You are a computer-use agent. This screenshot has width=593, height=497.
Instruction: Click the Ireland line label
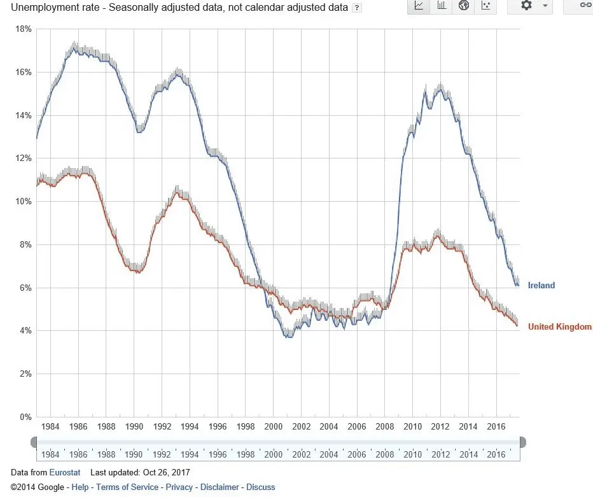tap(541, 286)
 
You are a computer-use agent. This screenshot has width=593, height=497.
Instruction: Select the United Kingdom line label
tap(559, 327)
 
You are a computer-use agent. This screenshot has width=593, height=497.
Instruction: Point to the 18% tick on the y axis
tap(24, 29)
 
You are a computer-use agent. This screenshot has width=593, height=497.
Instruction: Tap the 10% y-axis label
tap(24, 202)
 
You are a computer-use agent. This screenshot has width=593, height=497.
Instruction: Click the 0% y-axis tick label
tap(25, 417)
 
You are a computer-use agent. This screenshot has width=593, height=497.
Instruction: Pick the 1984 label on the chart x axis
tap(50, 426)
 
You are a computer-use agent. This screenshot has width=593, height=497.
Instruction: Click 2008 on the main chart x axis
tap(385, 426)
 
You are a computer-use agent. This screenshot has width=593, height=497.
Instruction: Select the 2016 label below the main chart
tap(496, 426)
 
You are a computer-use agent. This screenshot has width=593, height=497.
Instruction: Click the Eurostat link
tap(65, 472)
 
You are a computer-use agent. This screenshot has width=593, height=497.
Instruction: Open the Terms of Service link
tap(127, 487)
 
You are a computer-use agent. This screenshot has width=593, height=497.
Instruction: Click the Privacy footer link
tap(179, 487)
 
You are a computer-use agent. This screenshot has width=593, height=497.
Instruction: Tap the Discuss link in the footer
tap(261, 487)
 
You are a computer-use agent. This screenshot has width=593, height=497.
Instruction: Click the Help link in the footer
tap(80, 487)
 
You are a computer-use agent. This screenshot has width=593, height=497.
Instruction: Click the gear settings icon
tap(526, 6)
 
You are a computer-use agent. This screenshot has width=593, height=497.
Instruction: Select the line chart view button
tap(419, 6)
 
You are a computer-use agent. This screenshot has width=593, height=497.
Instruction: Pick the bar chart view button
tap(442, 6)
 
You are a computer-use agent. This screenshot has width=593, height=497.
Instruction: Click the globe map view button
tap(464, 6)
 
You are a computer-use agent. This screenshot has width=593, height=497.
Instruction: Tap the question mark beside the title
tap(357, 8)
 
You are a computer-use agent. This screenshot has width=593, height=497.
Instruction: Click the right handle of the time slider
tap(522, 442)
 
